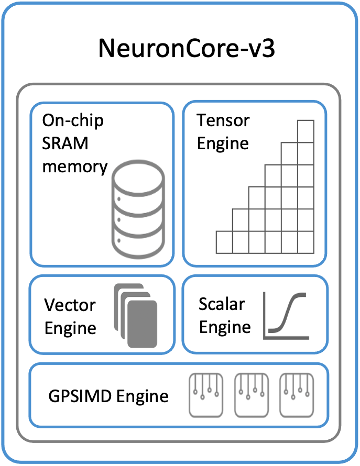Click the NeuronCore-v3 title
[x=187, y=50]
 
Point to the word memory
[x=75, y=167]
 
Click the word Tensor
[x=223, y=120]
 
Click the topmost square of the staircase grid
[x=306, y=128]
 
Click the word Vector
[x=70, y=305]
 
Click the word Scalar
[x=222, y=304]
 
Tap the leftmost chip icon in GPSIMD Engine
[x=203, y=395]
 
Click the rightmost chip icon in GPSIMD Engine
[x=296, y=395]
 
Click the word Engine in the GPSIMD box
[x=142, y=395]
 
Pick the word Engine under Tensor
[x=223, y=143]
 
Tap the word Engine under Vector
[x=70, y=328]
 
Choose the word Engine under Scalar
[x=225, y=327]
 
